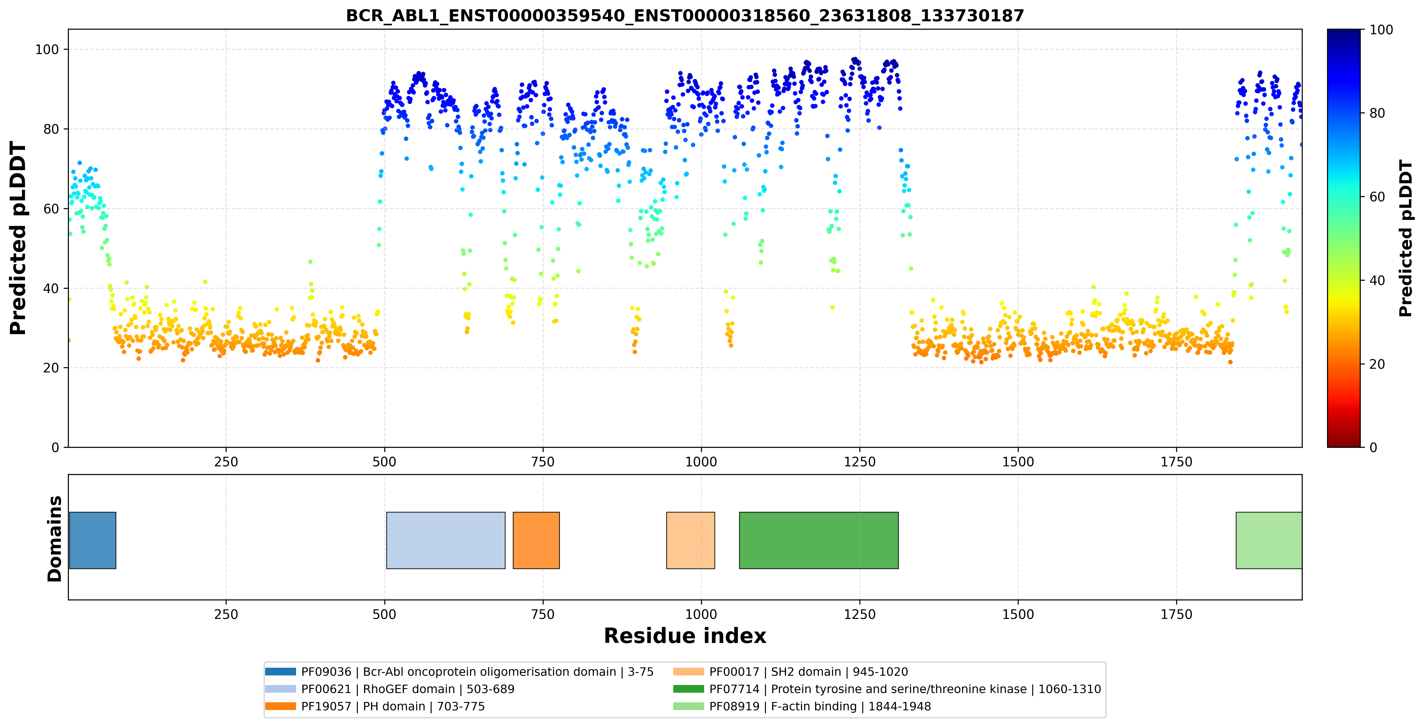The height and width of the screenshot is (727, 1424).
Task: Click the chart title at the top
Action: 685,15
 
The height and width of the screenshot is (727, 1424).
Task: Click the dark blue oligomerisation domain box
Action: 92,540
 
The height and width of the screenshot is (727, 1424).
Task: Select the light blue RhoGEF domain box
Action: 445,540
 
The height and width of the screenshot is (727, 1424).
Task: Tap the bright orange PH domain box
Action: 536,540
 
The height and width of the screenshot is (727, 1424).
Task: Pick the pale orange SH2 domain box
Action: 691,540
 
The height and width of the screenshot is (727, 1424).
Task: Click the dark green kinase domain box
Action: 819,540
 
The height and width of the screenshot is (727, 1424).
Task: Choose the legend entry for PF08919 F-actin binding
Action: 802,707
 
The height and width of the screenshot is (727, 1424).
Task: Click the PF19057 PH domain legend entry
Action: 375,707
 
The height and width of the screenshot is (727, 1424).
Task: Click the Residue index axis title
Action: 685,636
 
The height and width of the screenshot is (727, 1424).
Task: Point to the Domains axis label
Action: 55,539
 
